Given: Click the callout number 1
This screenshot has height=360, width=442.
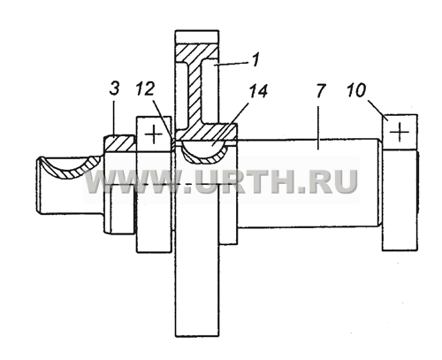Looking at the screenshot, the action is (255, 59).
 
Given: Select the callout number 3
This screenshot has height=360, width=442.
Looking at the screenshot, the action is (114, 88).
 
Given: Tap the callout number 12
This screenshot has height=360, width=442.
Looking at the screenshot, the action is (145, 88).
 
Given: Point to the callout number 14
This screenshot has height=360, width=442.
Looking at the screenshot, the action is (258, 90).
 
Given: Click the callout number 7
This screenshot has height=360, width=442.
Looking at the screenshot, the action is (321, 91).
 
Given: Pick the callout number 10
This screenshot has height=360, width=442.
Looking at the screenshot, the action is (356, 90).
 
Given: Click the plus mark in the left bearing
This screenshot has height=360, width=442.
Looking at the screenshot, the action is (154, 134).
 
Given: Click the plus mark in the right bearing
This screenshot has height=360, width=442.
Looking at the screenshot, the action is (400, 132).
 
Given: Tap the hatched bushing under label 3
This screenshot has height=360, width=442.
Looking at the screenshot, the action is (119, 143).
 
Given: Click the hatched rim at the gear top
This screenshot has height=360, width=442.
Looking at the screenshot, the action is (197, 52).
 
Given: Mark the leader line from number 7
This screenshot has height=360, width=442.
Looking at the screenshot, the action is (318, 128).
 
